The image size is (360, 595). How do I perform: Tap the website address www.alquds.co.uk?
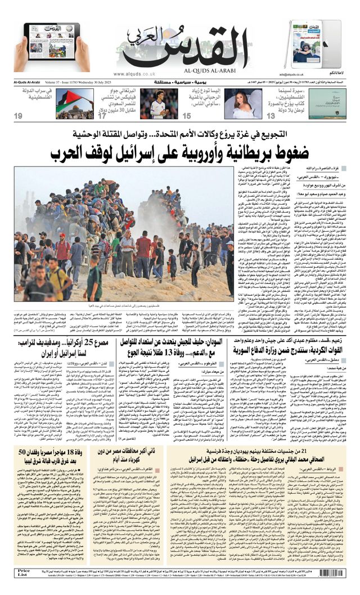[x=134, y=74]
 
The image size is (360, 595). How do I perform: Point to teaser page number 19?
[x=19, y=116]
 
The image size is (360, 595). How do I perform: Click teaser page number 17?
[x=102, y=116]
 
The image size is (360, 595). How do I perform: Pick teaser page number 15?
[x=186, y=116]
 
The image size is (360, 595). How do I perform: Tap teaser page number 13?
[x=271, y=116]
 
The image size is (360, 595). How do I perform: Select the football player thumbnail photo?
[x=159, y=103]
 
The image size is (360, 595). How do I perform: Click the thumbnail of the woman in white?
[x=243, y=103]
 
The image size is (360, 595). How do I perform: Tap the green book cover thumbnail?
[x=327, y=103]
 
